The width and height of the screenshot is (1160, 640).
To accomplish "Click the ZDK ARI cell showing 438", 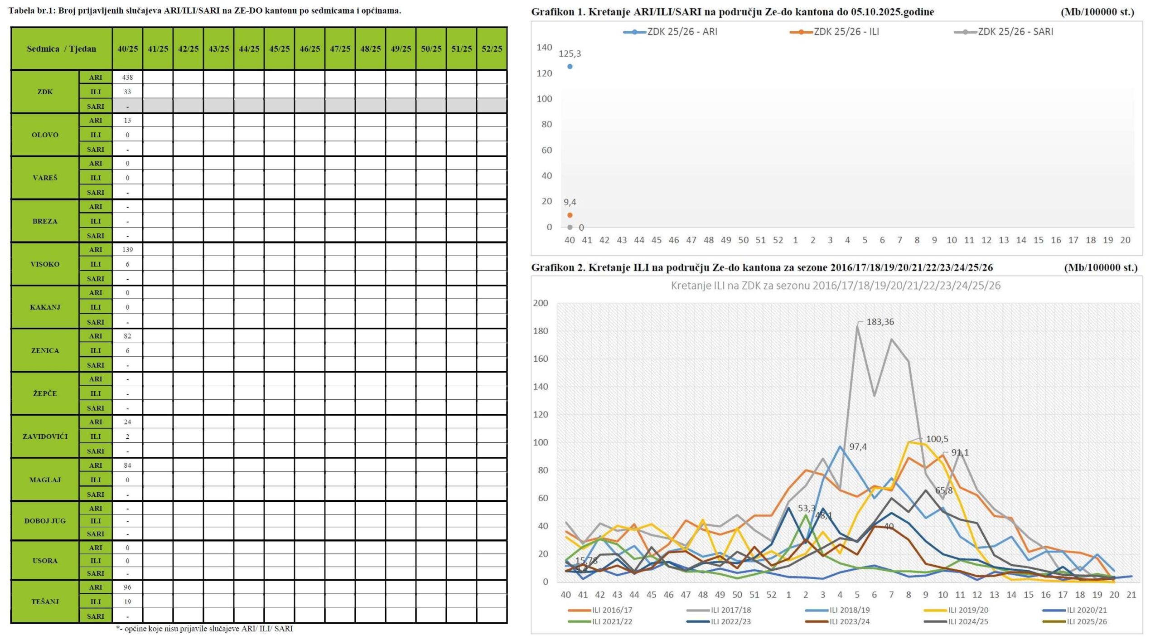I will [x=127, y=78].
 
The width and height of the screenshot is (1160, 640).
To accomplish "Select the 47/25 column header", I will [x=340, y=48].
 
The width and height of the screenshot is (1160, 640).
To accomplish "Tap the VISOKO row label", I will [x=45, y=264].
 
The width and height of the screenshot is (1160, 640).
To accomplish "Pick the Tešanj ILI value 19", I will [x=127, y=602].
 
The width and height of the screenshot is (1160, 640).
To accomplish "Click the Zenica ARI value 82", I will [x=127, y=336].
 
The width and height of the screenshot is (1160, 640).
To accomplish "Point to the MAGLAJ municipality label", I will [x=45, y=480].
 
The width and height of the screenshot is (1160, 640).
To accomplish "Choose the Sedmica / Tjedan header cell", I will [x=62, y=48].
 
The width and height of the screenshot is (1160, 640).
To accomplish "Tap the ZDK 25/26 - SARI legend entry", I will [x=1004, y=32].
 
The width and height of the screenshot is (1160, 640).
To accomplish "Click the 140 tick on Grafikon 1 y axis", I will [x=544, y=47].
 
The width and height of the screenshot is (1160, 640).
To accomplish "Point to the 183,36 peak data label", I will [x=880, y=322].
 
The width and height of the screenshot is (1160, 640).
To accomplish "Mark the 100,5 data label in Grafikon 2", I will [x=937, y=439].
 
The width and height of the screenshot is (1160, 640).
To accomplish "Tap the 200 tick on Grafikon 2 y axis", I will [x=541, y=303].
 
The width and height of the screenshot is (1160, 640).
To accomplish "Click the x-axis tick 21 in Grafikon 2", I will [x=1131, y=594].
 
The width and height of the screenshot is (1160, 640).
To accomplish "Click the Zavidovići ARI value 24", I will [x=127, y=422].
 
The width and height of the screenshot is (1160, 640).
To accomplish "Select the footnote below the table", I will [x=204, y=629].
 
